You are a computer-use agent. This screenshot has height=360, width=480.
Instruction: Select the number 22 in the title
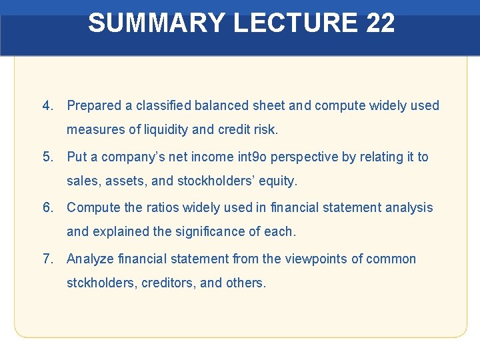point(381,23)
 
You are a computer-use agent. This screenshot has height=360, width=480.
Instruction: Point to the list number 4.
point(47,105)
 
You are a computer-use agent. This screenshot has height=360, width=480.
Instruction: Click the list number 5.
point(47,157)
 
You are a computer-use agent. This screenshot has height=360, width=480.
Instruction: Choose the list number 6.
point(47,207)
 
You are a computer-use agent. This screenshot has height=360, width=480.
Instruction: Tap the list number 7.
point(47,259)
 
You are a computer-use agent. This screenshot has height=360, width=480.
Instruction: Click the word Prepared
point(95,105)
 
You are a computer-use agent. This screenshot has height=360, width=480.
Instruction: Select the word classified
point(163,105)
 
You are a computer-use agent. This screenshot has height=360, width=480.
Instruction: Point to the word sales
point(82,181)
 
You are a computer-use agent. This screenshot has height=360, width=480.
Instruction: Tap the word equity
point(279,181)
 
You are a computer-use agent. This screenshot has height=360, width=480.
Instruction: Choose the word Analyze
point(90,259)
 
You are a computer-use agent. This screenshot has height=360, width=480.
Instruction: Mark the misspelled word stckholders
point(101,283)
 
